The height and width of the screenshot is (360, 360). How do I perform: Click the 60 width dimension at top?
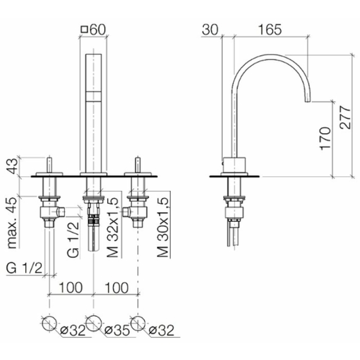pos(98,30)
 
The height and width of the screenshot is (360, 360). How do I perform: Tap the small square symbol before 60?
pos(84,30)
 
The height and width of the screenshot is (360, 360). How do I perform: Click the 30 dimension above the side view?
pos(210,30)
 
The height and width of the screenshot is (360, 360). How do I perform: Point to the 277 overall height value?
pos(346,117)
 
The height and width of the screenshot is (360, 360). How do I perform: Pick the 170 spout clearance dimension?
pos(325,139)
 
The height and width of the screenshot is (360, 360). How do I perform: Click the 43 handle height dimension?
pos(12,166)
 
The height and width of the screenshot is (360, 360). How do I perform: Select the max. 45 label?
pos(12,223)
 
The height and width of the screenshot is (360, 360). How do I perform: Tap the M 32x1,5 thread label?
pos(113,227)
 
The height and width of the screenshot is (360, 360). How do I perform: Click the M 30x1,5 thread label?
pos(163,227)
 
